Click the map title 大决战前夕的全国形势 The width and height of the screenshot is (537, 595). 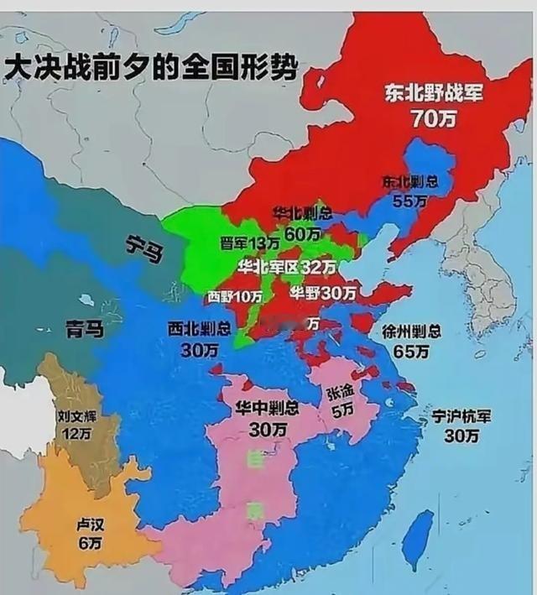150,68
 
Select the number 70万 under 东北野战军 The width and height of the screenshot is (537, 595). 434,119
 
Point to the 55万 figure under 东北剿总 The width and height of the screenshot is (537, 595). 410,201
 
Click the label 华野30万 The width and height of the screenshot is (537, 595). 322,293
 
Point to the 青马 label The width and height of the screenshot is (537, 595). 85,329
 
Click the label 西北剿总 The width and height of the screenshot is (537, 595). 198,328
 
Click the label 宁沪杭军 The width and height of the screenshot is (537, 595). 461,417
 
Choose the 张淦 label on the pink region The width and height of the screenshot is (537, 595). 340,392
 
